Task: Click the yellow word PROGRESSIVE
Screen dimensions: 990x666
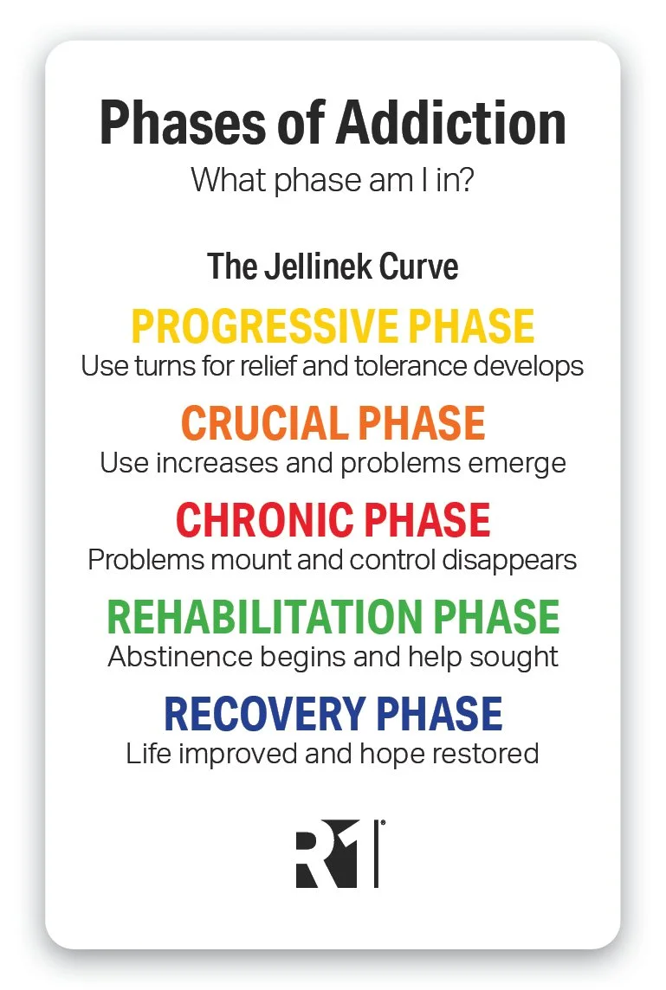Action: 262,326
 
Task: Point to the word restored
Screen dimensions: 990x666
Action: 489,753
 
